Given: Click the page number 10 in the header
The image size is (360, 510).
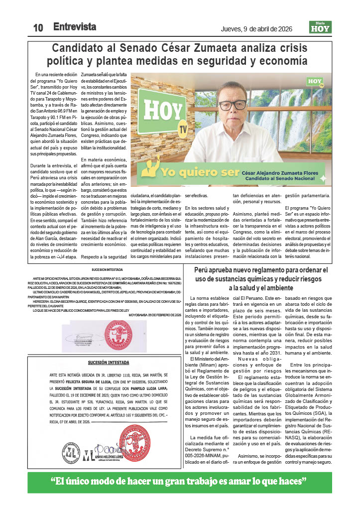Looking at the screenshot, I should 38,28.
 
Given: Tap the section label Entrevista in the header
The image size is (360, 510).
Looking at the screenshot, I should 75,27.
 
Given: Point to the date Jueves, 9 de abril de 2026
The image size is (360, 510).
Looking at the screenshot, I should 259,28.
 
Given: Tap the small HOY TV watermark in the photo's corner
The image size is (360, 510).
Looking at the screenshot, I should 316,82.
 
